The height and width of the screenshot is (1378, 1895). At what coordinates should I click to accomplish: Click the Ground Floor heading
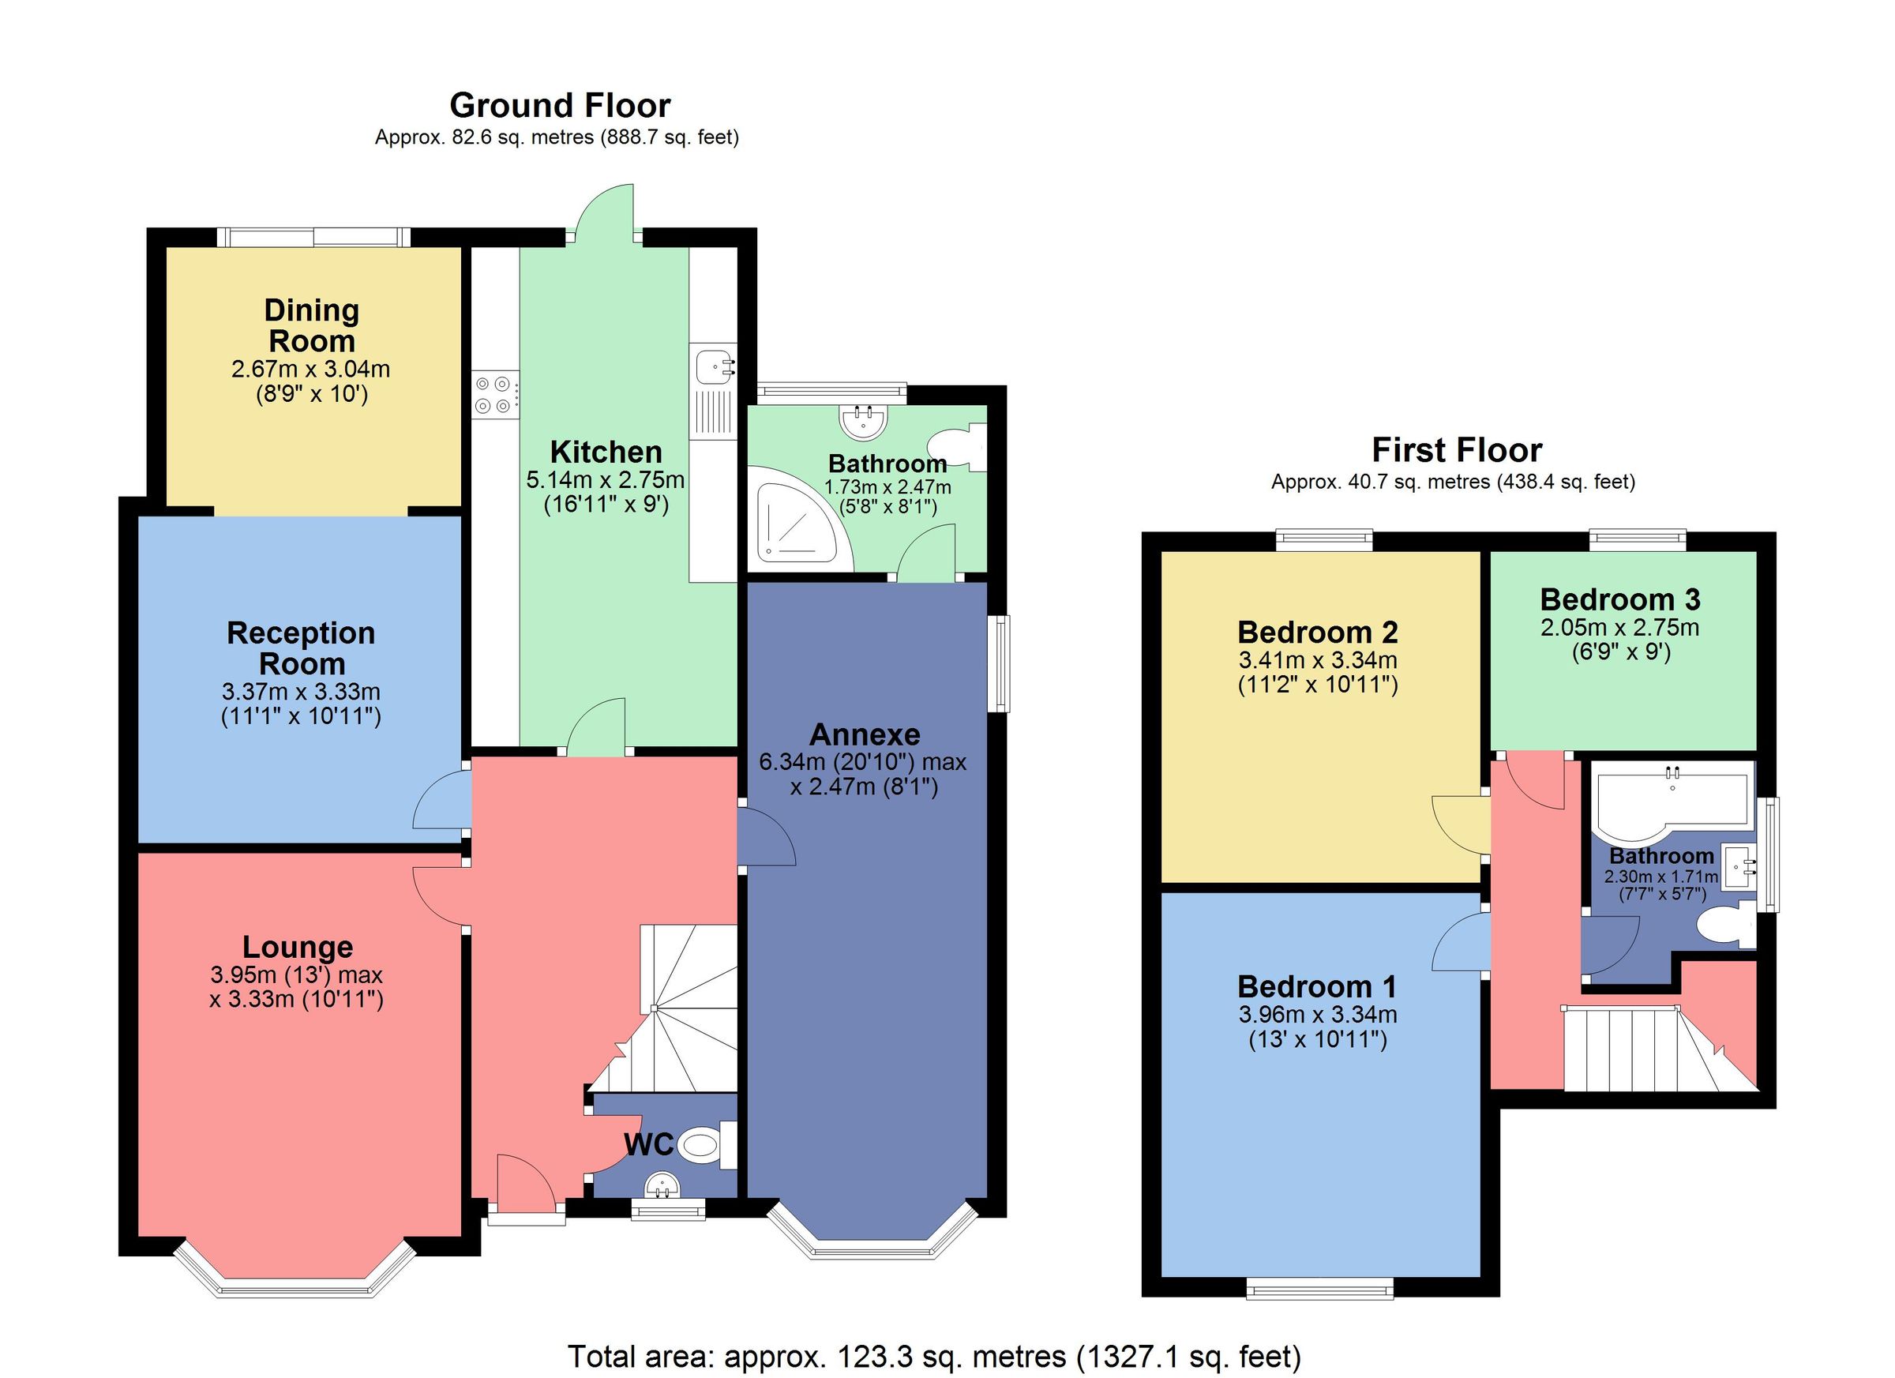560,106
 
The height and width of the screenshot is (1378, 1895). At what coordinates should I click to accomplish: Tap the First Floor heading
1456,451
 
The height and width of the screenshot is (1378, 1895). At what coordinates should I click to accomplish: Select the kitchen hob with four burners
494,394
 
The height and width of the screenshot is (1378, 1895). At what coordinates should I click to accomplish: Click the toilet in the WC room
702,1144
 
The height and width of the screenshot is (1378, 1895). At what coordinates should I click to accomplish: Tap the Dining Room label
312,326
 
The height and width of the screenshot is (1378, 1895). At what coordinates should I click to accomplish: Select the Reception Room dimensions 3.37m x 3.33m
301,692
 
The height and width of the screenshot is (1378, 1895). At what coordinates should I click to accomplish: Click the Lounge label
298,947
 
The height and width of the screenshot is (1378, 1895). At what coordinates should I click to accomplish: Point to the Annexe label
865,734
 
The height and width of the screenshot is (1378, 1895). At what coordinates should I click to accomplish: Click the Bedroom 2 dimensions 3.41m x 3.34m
1317,660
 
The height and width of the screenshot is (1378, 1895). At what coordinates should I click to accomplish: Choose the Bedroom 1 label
1316,987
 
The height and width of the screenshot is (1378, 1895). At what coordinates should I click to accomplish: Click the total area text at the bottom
934,1355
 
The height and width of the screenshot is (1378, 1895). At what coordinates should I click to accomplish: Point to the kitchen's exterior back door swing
606,213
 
